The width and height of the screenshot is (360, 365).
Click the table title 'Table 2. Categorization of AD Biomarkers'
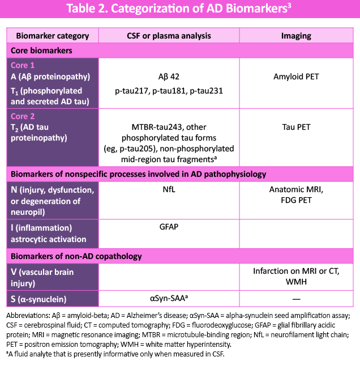click(180, 10)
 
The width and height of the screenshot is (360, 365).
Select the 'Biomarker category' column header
click(52, 36)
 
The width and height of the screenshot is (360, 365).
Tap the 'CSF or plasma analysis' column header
click(169, 36)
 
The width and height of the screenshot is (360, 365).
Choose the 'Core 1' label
click(24, 65)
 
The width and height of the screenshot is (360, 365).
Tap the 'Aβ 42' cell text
click(169, 76)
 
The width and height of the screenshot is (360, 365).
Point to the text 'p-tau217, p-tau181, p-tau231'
click(169, 91)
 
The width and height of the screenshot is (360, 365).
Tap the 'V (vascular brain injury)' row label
click(43, 277)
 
